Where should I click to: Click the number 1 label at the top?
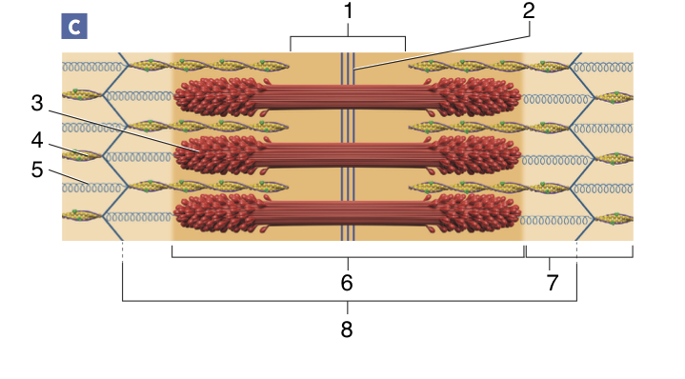[348, 11]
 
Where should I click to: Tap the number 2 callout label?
[529, 11]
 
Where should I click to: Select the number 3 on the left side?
[37, 103]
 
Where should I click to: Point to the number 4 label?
[37, 141]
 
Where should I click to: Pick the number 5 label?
[37, 170]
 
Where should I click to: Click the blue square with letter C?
[73, 27]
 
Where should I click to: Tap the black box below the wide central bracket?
[350, 280]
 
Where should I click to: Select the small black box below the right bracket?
[549, 279]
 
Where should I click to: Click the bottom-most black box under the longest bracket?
[345, 329]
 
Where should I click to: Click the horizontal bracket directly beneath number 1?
[348, 38]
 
